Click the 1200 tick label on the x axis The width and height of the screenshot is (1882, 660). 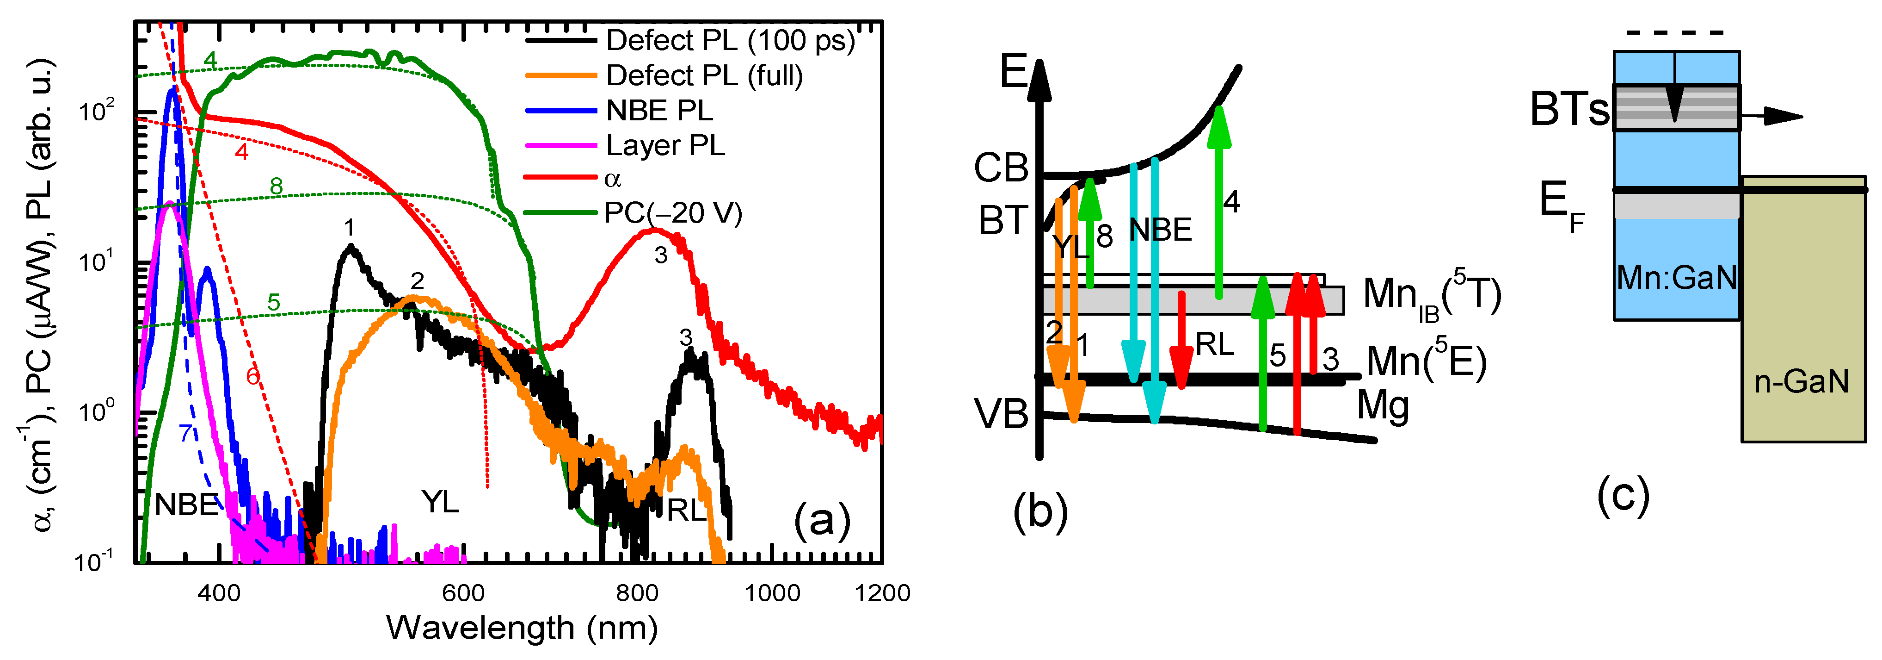point(882,593)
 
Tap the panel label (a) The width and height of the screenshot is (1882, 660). point(822,520)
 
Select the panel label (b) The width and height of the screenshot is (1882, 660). point(1039,511)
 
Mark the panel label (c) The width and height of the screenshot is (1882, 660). point(1623,496)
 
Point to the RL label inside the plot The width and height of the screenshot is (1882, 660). point(686,510)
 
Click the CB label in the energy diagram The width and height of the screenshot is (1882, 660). point(1001,168)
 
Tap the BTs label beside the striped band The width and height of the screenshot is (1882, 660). point(1569,110)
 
